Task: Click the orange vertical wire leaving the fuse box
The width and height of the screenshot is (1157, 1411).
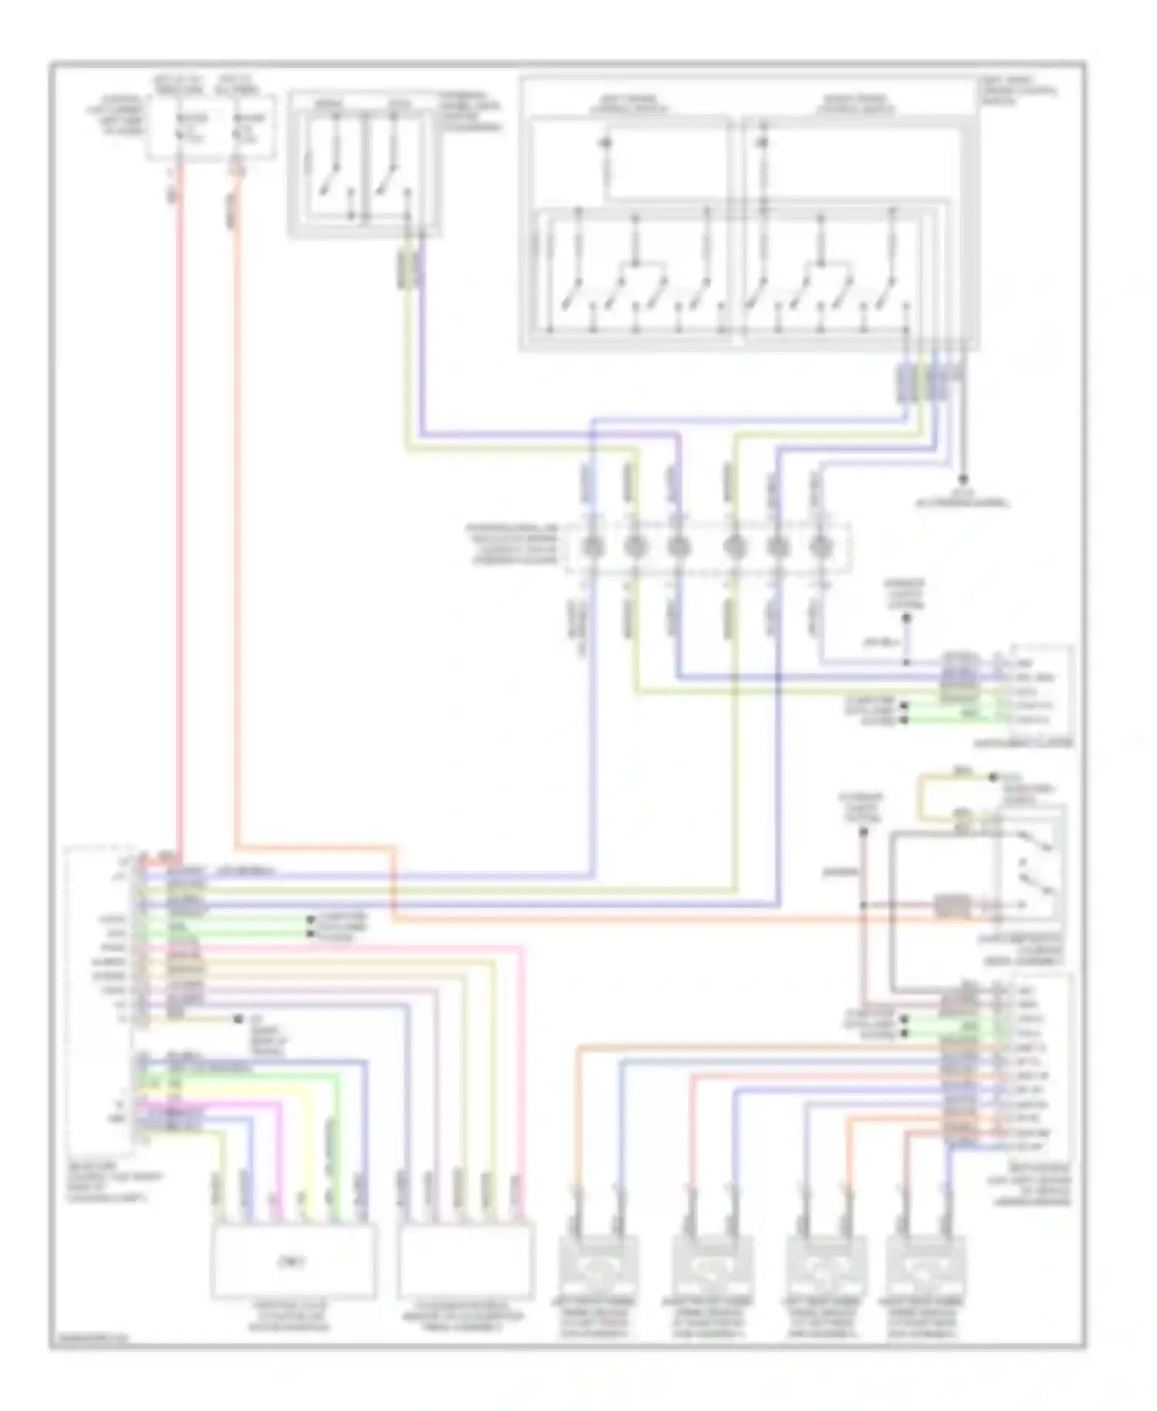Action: coord(236,502)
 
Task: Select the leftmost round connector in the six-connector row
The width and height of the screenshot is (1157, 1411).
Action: coord(592,546)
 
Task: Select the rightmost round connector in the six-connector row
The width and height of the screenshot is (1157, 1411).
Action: coord(821,546)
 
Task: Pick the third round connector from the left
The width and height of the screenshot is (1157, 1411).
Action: coord(678,546)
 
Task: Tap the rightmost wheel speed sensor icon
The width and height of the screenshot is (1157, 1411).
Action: coord(923,1266)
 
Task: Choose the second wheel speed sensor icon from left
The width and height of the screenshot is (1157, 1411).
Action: coord(709,1266)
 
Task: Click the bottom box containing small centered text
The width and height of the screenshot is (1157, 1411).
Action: coord(293,1261)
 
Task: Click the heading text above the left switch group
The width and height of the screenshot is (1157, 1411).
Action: coord(629,104)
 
